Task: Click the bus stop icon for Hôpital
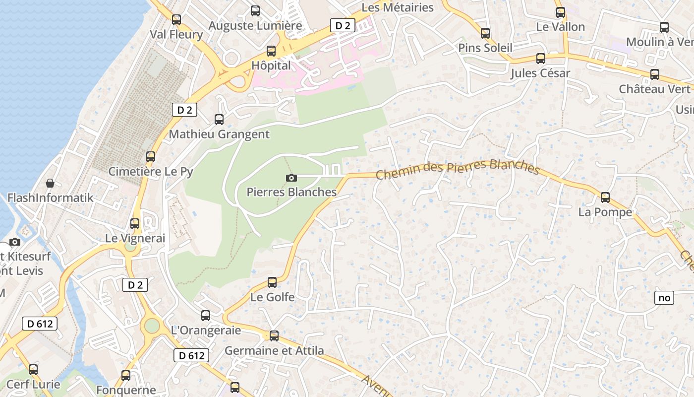coord(271,51)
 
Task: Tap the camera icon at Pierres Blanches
coord(291,178)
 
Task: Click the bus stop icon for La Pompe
coord(605,197)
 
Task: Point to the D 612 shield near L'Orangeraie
coord(191,355)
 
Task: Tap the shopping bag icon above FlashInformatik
coord(50,183)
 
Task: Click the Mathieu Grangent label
coord(219,134)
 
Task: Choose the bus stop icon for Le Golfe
coord(272,282)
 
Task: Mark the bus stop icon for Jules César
coord(541,59)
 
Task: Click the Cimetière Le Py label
coord(151,172)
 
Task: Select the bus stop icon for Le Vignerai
coord(135,223)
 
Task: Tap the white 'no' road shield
coord(664,298)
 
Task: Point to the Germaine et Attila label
coord(274,350)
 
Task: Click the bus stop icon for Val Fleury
coord(176,20)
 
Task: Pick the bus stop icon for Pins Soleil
coord(485,33)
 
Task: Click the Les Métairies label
coord(398,7)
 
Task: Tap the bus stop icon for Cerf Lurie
coord(33,369)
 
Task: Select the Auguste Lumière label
coord(255,25)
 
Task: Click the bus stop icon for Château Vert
coord(655,74)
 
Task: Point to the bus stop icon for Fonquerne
coord(126,375)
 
